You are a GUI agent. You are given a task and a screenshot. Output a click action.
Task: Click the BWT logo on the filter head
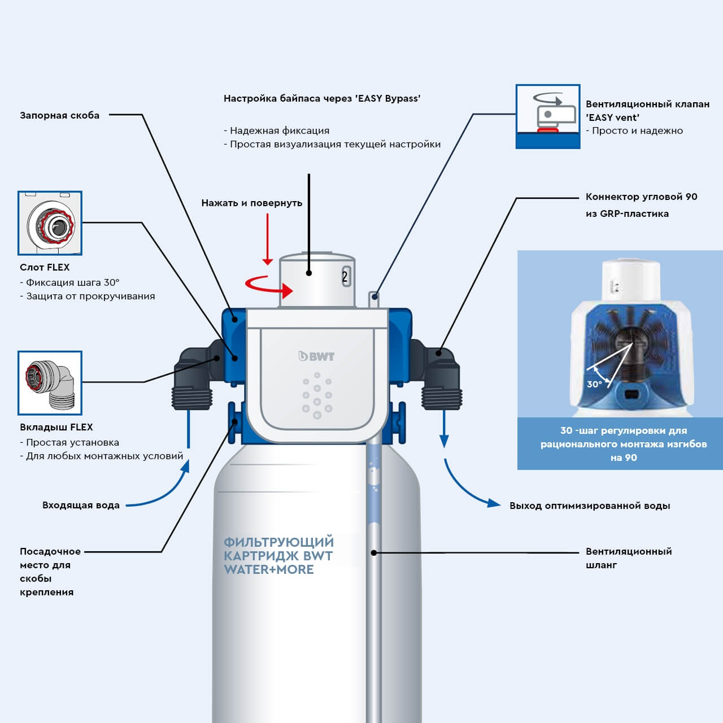[316, 356]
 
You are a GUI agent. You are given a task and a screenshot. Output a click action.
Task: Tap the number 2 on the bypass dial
[345, 277]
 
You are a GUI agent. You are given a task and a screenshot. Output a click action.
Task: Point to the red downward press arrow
[268, 240]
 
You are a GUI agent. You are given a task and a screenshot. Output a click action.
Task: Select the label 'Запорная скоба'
[59, 115]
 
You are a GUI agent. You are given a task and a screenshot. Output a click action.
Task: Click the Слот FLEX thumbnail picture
[50, 223]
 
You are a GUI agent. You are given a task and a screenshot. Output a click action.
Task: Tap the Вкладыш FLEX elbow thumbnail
[50, 383]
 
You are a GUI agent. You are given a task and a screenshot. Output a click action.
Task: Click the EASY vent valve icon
[547, 116]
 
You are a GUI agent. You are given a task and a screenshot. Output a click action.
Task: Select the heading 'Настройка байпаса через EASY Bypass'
[322, 98]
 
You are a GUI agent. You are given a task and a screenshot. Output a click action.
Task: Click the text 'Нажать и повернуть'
[251, 203]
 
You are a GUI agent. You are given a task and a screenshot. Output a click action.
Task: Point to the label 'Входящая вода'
[81, 505]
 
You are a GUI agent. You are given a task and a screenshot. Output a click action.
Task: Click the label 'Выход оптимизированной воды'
[590, 506]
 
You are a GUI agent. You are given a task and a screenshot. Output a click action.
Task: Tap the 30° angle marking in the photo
[594, 384]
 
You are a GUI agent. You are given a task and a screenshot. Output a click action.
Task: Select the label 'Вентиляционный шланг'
[628, 558]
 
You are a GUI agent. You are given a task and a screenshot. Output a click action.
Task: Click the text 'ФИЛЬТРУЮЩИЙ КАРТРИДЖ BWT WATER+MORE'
[278, 556]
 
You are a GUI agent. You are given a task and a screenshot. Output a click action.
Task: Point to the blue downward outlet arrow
[444, 429]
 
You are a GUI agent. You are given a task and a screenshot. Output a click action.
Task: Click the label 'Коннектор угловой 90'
[641, 197]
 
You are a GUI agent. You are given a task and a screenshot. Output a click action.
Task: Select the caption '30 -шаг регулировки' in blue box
[623, 444]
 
